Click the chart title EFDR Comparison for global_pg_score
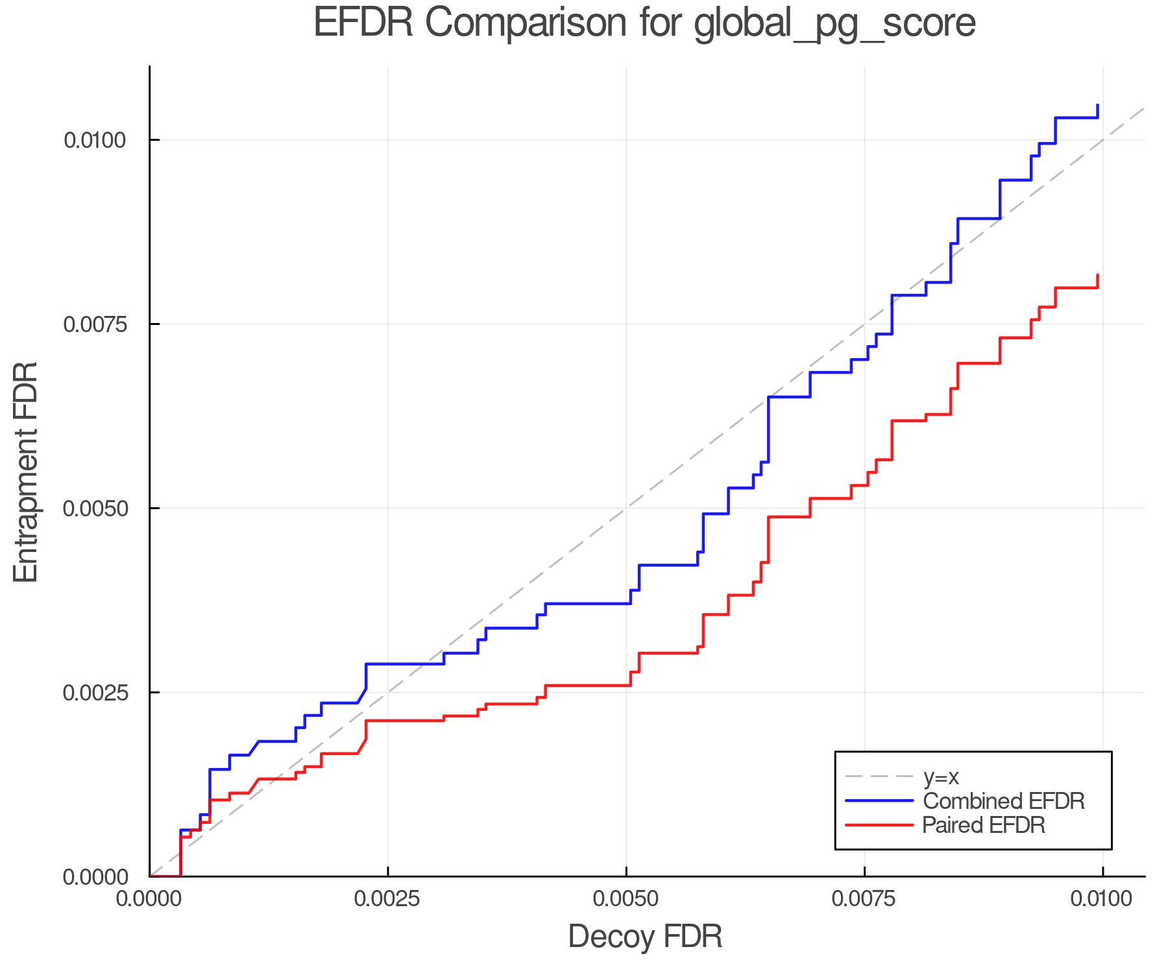coord(644,23)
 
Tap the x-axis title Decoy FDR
coord(645,937)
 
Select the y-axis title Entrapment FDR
coord(26,472)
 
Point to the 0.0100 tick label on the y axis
coord(95,140)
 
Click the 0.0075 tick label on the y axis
coord(95,324)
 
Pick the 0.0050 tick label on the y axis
coord(95,509)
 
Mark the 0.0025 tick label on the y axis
coord(95,693)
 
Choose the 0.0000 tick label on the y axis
coord(95,877)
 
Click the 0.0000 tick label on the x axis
coord(150,899)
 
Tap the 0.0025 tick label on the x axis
coord(388,899)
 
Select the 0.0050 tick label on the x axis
coord(626,899)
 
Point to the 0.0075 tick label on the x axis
coord(864,899)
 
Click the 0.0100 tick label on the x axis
coord(1102,899)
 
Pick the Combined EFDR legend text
coord(1003,801)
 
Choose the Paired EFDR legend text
coord(984,825)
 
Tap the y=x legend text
coord(941,776)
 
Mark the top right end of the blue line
coord(1097,105)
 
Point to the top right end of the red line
coord(1097,275)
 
